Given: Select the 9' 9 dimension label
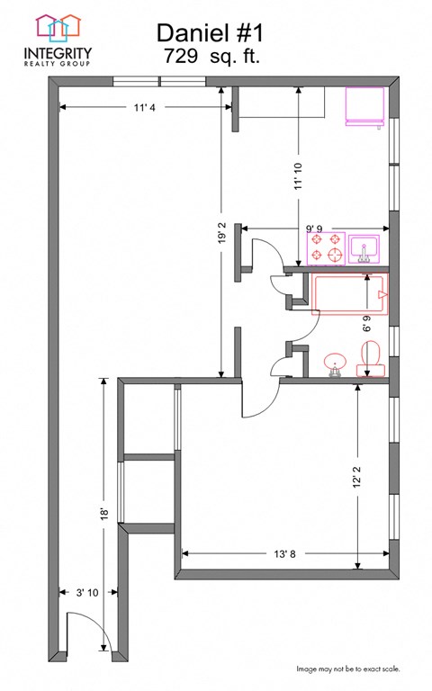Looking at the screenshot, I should click(x=314, y=229).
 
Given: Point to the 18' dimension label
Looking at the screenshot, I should click(x=104, y=515).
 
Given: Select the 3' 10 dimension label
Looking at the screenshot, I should click(x=86, y=592).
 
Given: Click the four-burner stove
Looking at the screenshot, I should click(x=326, y=248).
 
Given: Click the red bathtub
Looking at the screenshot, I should click(x=351, y=294).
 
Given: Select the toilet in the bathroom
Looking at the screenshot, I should click(x=371, y=363).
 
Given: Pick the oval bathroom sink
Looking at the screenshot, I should click(x=337, y=364).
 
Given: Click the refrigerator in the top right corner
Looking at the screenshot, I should click(x=367, y=106).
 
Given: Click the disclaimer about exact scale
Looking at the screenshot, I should click(x=348, y=669).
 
